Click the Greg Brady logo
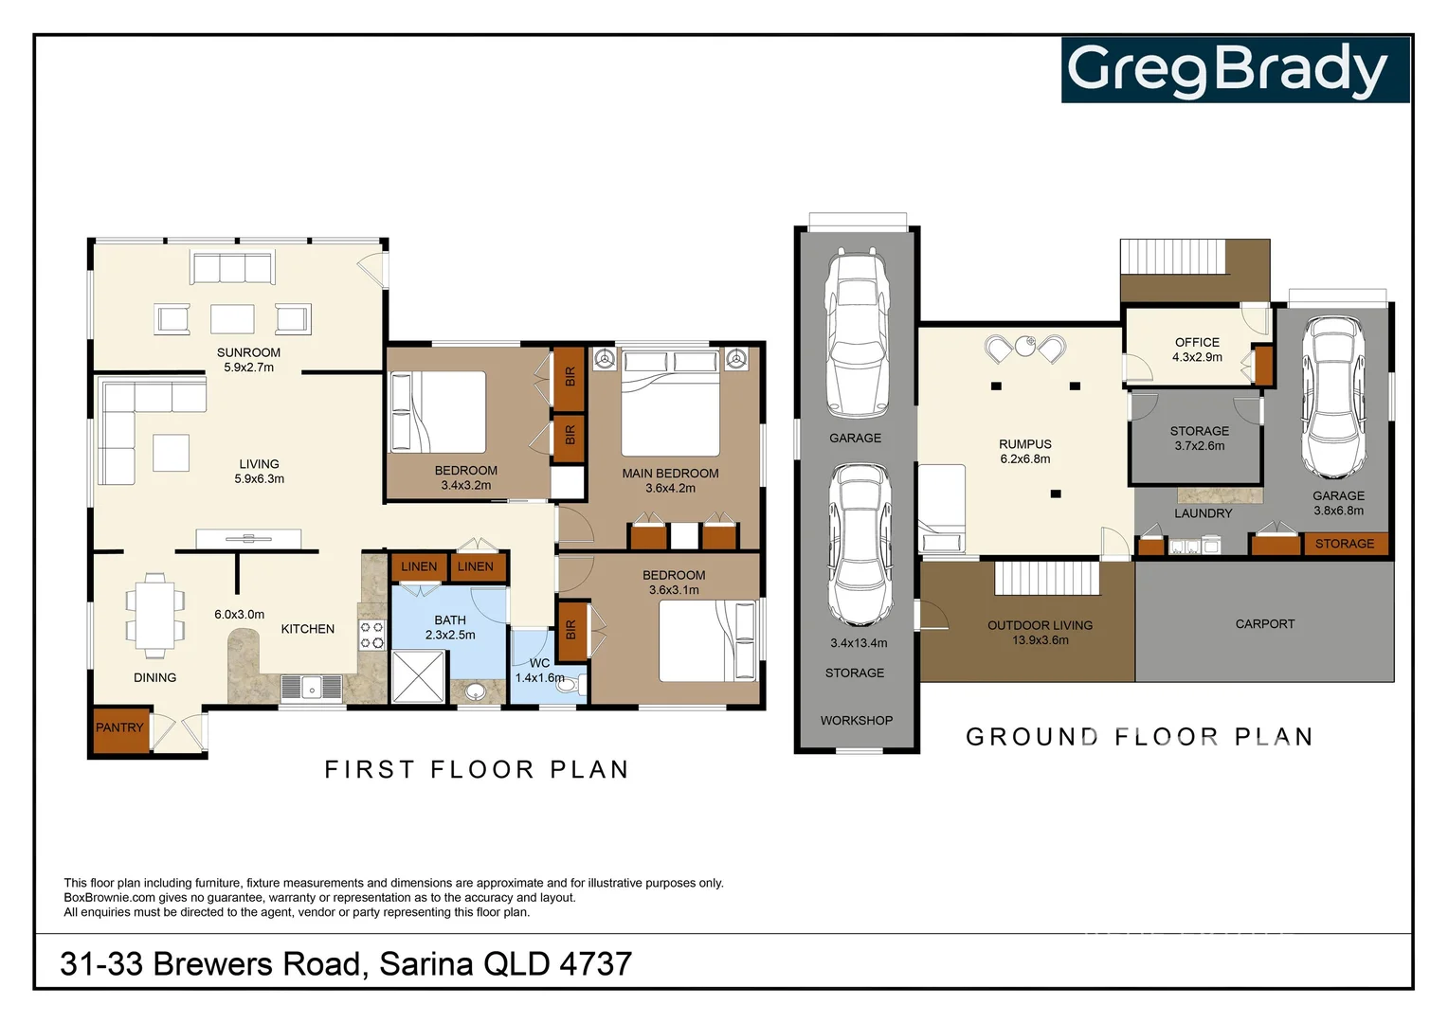click(1234, 70)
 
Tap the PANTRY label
click(119, 727)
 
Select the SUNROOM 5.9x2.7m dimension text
click(248, 368)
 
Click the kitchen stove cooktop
click(371, 635)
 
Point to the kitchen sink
click(312, 687)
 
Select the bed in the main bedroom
click(670, 404)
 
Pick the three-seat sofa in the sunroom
click(232, 267)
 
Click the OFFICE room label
click(1197, 342)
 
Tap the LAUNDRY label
click(1203, 513)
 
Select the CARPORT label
click(1264, 623)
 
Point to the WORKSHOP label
click(856, 720)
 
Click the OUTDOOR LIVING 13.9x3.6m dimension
click(1041, 640)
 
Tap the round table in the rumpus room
click(1024, 347)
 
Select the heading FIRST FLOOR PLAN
click(477, 769)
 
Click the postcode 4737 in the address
click(595, 963)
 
